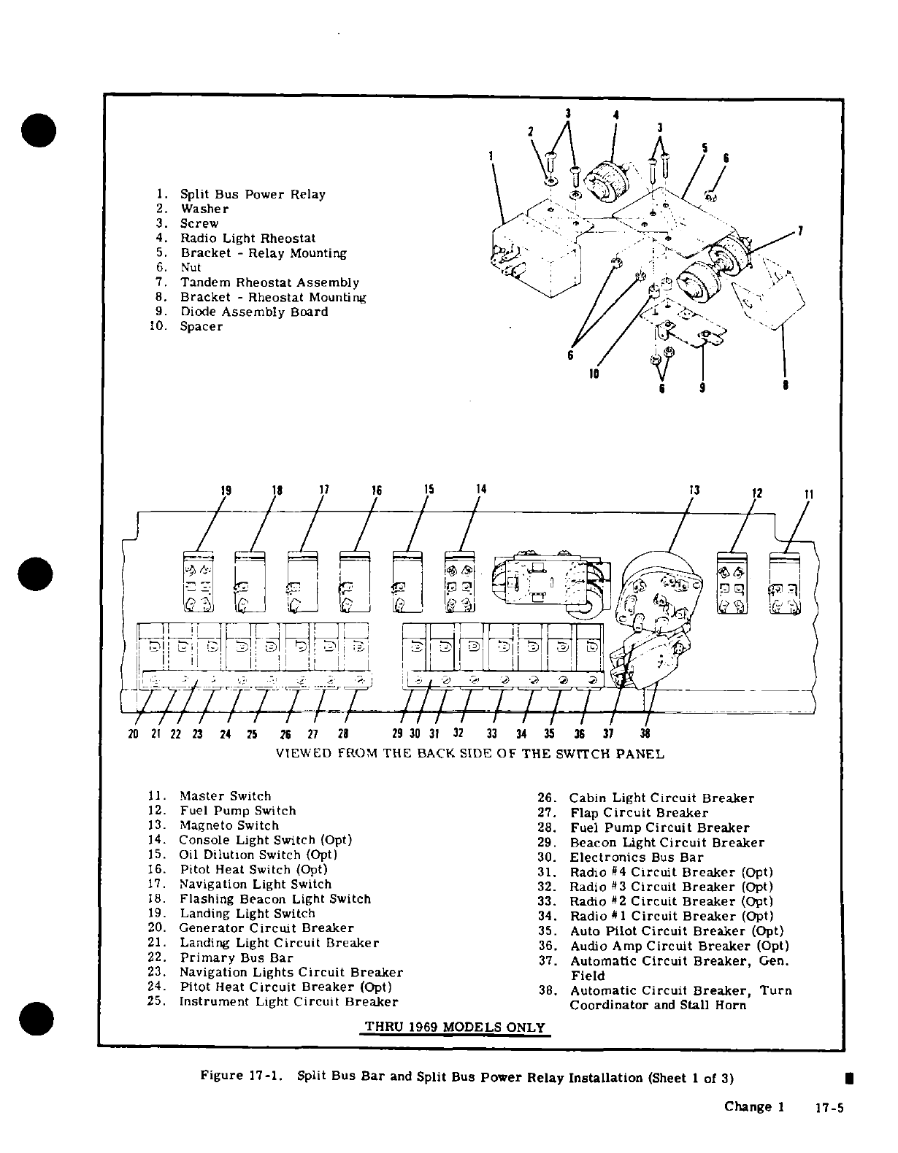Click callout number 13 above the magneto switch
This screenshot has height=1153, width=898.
coord(694,490)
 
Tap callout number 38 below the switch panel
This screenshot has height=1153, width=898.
coord(645,734)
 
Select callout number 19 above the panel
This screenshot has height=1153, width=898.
coord(226,490)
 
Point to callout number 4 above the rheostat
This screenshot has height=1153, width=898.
coord(616,115)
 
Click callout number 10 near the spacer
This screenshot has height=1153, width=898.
coord(594,374)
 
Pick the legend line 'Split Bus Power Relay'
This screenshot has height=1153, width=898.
coord(253,195)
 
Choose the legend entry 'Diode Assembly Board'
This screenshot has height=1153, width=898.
coord(254,312)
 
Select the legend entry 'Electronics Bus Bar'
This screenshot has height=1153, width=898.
coord(636,857)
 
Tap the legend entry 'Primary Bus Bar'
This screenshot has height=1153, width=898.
coord(236,957)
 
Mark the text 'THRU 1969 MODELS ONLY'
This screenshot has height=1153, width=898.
coord(455,1027)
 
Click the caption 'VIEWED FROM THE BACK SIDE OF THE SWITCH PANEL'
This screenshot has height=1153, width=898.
coord(470,754)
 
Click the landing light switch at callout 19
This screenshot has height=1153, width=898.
coord(195,582)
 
